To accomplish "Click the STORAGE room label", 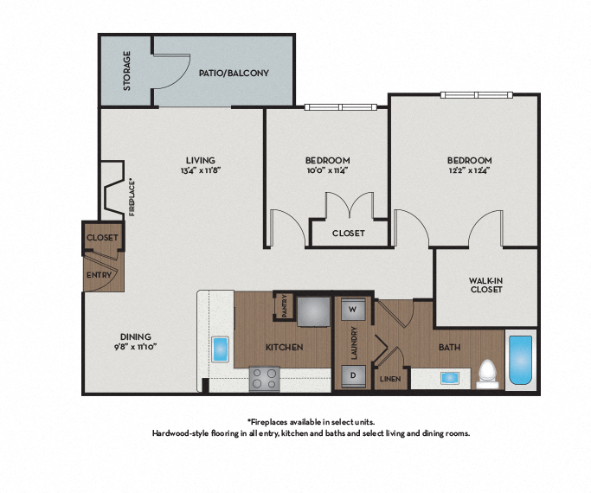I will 127,71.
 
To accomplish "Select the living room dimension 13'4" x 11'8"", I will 199,170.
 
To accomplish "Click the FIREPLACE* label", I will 132,197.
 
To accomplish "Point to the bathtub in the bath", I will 521,360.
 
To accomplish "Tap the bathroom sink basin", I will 450,377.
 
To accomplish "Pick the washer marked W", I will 353,308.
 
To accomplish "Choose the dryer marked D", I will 353,375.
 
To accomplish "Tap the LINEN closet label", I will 389,379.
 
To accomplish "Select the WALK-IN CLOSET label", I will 485,285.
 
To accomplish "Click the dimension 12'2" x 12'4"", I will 469,171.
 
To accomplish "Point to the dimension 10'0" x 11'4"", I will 327,171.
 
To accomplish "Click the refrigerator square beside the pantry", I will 314,311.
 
